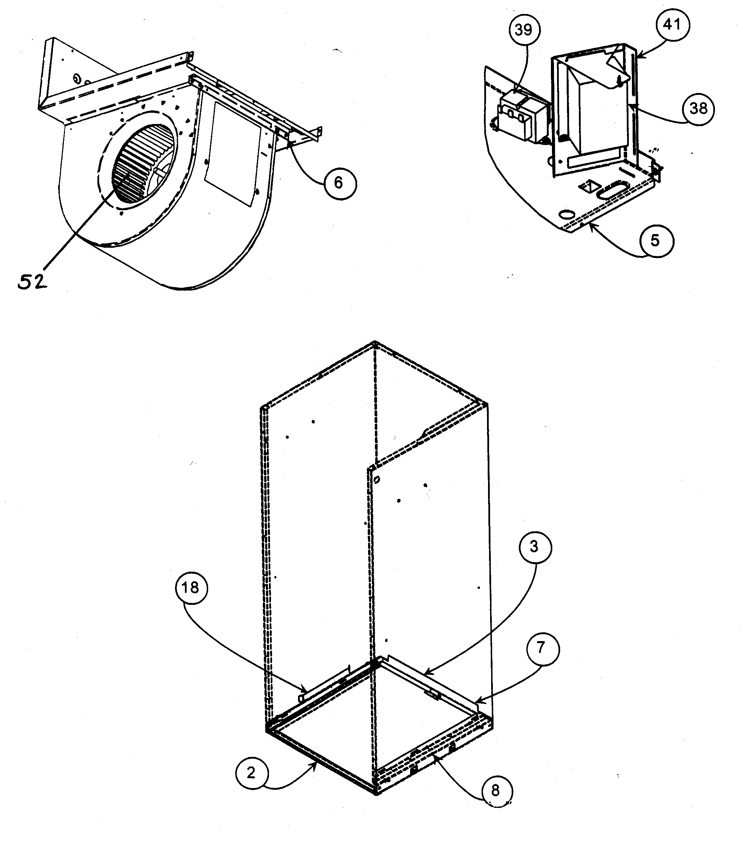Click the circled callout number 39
point(523,30)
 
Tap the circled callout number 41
point(672,25)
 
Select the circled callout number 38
point(698,109)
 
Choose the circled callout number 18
point(190,587)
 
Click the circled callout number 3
point(534,547)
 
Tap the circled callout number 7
point(541,648)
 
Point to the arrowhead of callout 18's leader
point(305,690)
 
